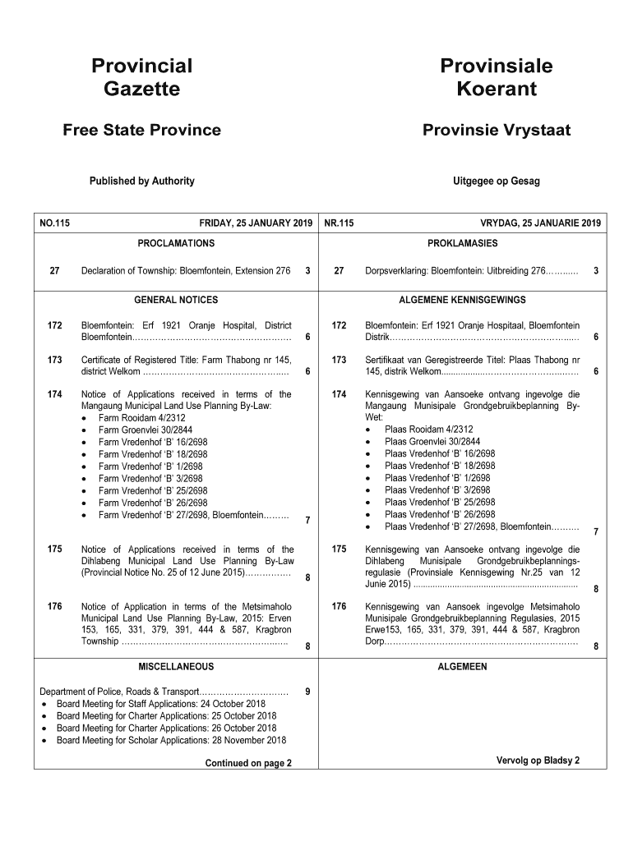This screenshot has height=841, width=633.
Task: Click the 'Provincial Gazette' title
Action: click(x=141, y=77)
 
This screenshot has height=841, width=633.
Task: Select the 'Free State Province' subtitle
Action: click(x=141, y=131)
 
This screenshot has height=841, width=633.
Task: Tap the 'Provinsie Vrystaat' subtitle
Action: click(x=496, y=131)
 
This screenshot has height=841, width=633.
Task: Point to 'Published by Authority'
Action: click(x=141, y=181)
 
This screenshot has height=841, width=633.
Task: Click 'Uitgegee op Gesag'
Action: click(x=496, y=181)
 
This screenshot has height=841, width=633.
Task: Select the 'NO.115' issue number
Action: click(x=54, y=223)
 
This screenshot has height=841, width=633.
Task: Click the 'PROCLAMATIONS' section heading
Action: click(x=176, y=243)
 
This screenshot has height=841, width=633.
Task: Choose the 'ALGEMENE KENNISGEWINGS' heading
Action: click(x=462, y=300)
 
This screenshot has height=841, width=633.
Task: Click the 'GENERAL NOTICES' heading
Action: click(x=176, y=300)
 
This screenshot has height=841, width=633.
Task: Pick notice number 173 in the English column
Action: click(x=55, y=360)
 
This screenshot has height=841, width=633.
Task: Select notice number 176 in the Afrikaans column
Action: click(x=339, y=606)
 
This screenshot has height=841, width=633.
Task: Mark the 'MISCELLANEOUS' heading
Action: click(x=176, y=666)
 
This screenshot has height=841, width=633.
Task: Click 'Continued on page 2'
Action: click(x=248, y=763)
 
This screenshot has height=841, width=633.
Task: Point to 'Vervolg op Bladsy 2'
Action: click(x=538, y=760)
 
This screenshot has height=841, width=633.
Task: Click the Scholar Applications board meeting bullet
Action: click(x=165, y=740)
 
